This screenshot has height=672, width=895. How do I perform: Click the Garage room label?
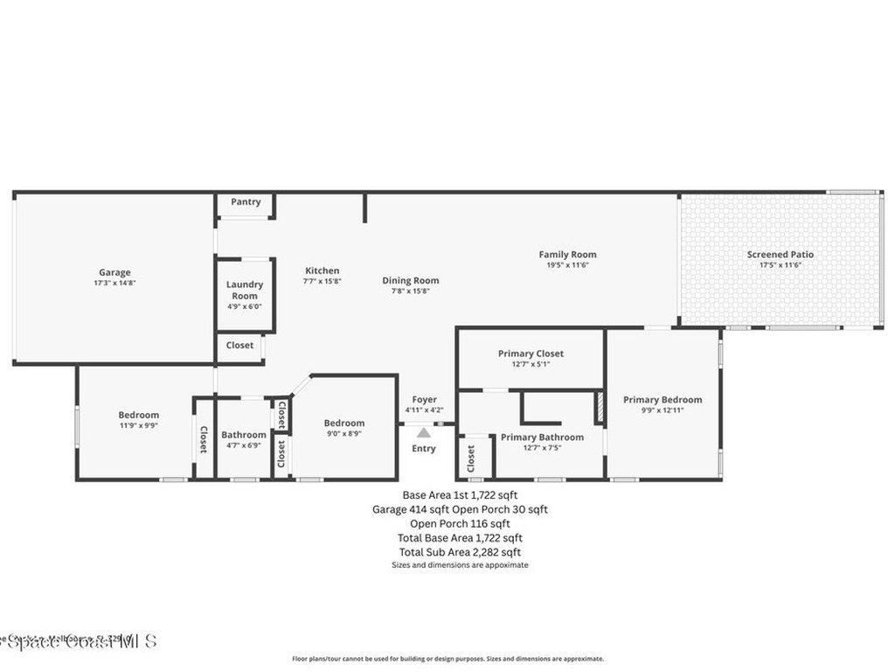coord(114,272)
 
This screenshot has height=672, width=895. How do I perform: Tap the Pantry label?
coord(246,202)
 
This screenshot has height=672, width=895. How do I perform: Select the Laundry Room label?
coord(245,290)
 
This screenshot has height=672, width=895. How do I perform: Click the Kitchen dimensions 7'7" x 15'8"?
coord(322,282)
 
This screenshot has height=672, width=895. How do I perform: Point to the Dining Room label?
coord(410,281)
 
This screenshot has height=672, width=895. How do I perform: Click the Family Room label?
coord(567,255)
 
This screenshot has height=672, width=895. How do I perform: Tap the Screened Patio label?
coord(780,255)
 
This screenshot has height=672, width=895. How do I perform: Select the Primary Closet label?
coord(531,353)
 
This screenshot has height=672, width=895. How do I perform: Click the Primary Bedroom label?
coord(662,400)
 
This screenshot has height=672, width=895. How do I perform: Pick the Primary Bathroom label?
coord(542,437)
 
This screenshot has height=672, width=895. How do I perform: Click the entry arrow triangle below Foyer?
coord(424,432)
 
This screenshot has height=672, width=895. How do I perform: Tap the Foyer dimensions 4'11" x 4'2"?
coord(424,410)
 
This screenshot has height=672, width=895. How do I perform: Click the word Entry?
coord(424,449)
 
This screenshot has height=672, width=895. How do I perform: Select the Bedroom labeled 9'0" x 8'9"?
coord(343,423)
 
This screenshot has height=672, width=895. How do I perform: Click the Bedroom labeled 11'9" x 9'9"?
coord(139,415)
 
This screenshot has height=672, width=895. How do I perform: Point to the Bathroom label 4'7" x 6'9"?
coord(244,435)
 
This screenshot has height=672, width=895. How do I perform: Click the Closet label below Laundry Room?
coord(239,346)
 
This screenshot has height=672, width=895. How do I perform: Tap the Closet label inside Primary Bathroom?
coord(471,458)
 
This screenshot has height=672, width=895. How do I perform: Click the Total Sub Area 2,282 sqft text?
coord(460,552)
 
